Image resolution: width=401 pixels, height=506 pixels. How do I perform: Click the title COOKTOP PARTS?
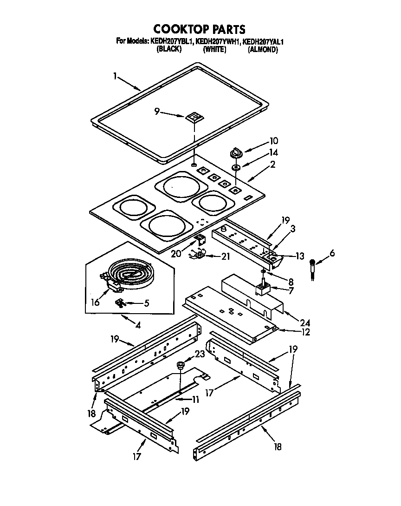tap(199, 29)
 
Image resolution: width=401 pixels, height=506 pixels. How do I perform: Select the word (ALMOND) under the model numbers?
tap(263, 49)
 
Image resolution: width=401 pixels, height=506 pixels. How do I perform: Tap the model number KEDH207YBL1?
tap(171, 41)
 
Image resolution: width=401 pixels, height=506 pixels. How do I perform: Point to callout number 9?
tap(157, 112)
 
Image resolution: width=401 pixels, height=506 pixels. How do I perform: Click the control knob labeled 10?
tap(236, 152)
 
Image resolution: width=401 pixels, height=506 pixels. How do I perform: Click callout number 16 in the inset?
tap(95, 302)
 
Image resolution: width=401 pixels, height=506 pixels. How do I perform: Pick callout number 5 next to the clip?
tap(146, 304)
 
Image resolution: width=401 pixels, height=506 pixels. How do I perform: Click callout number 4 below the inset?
tap(137, 325)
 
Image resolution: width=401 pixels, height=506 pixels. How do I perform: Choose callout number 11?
tap(195, 399)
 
